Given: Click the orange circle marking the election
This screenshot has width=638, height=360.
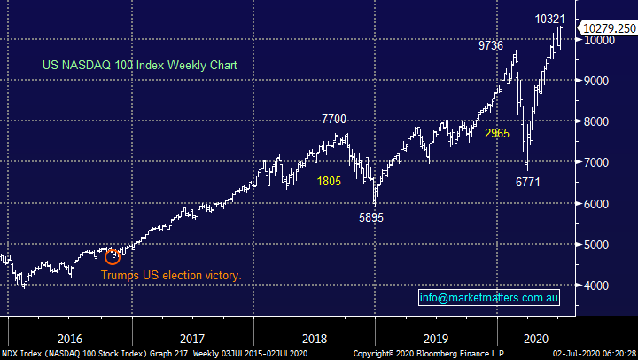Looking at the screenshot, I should pos(113,257).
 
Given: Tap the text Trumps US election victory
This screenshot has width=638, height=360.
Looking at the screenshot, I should pos(170,275).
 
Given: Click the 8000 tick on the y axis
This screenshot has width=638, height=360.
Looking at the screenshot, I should pos(594,121).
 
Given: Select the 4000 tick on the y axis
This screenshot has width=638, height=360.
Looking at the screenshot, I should pos(594,286).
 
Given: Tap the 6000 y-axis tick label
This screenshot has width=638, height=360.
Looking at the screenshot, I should pos(594,204).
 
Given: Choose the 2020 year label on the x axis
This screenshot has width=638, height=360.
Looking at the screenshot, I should pos(534,337).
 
